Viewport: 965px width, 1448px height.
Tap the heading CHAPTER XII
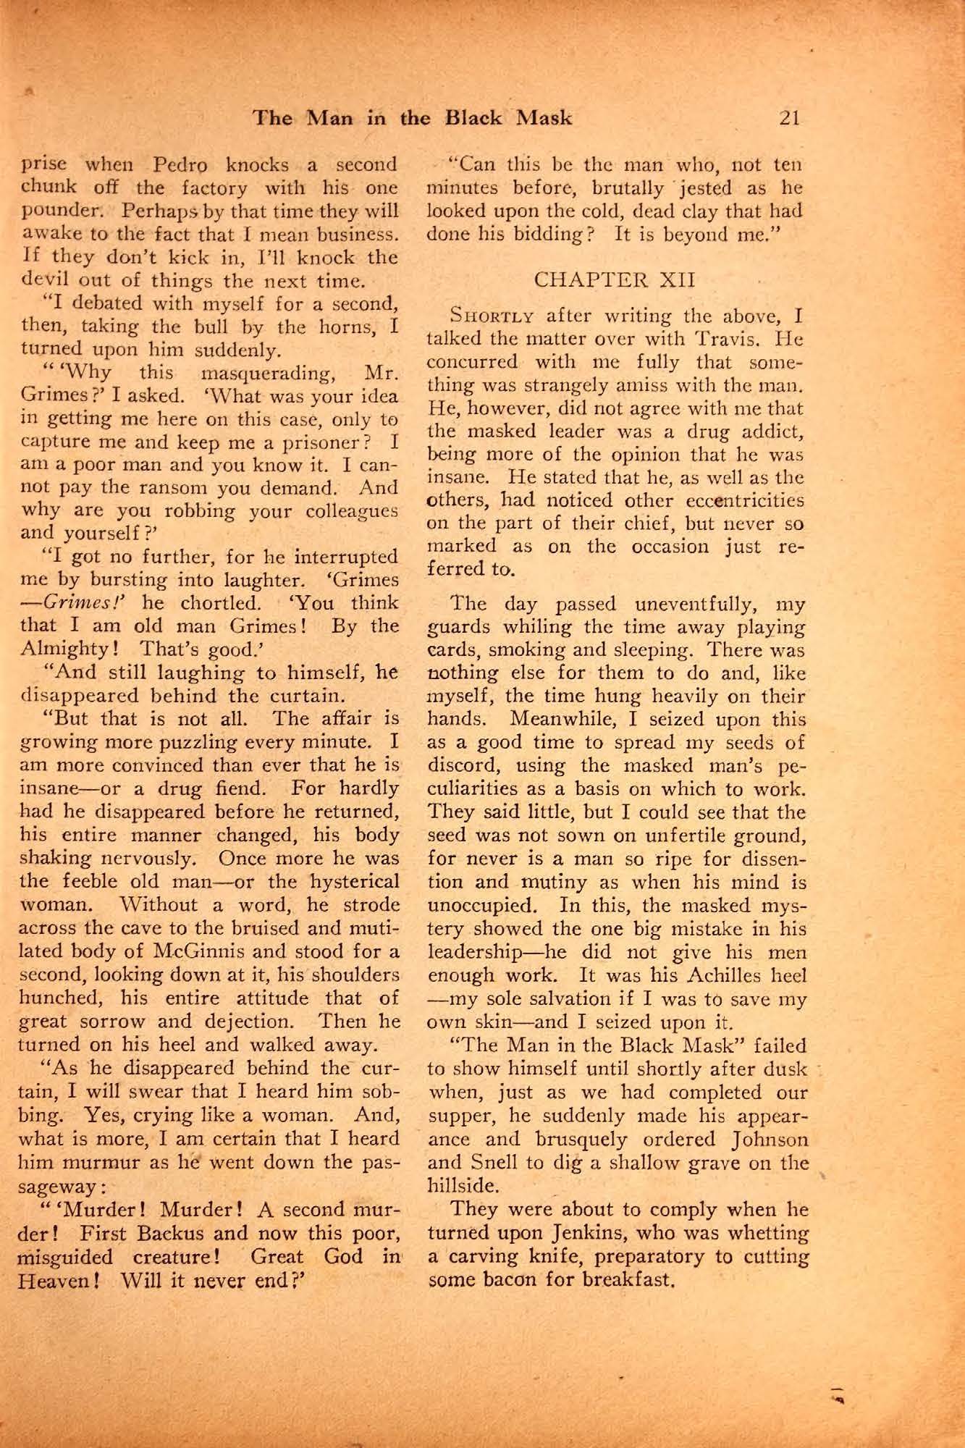coord(614,280)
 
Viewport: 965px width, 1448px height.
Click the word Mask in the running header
coord(544,118)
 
